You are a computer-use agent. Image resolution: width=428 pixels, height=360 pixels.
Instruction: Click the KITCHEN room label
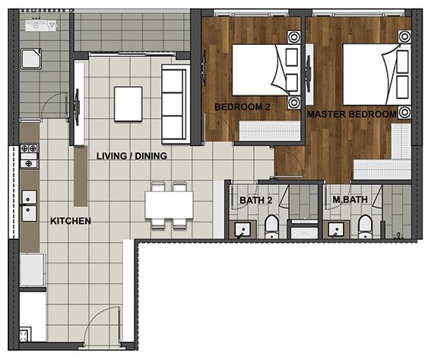pyautogui.click(x=71, y=221)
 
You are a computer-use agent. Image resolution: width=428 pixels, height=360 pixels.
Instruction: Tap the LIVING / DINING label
pyautogui.click(x=132, y=156)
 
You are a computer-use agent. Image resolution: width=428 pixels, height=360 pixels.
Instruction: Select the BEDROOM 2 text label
pyautogui.click(x=243, y=107)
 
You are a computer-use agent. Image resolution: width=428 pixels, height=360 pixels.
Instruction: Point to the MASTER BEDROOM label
pyautogui.click(x=352, y=114)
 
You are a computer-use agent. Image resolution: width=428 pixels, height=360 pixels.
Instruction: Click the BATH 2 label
pyautogui.click(x=256, y=200)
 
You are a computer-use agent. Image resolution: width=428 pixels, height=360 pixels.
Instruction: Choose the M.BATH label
pyautogui.click(x=350, y=199)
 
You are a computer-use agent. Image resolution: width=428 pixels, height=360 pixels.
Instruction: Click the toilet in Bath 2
pyautogui.click(x=271, y=227)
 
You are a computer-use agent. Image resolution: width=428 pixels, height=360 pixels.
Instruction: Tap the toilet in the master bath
pyautogui.click(x=365, y=227)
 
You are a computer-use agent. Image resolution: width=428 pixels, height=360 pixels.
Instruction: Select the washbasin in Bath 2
pyautogui.click(x=243, y=230)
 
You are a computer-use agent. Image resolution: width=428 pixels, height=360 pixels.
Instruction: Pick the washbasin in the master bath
pyautogui.click(x=336, y=230)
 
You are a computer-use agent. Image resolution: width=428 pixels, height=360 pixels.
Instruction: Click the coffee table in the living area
pyautogui.click(x=128, y=104)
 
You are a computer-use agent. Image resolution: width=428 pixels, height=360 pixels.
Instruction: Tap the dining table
pyautogui.click(x=170, y=205)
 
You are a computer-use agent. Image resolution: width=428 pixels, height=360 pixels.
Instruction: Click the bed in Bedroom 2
pyautogui.click(x=266, y=70)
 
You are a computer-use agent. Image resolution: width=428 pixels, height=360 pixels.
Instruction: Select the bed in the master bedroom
pyautogui.click(x=377, y=74)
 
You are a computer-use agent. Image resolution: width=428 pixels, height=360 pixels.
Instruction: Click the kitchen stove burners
pyautogui.click(x=29, y=156)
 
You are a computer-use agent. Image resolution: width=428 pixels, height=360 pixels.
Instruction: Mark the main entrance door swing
pyautogui.click(x=102, y=324)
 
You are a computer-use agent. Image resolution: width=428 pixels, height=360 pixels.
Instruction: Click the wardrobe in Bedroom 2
pyautogui.click(x=270, y=131)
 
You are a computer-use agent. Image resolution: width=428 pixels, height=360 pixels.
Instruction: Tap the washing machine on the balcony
pyautogui.click(x=31, y=59)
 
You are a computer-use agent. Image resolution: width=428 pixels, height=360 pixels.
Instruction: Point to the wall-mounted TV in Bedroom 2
pyautogui.click(x=204, y=68)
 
